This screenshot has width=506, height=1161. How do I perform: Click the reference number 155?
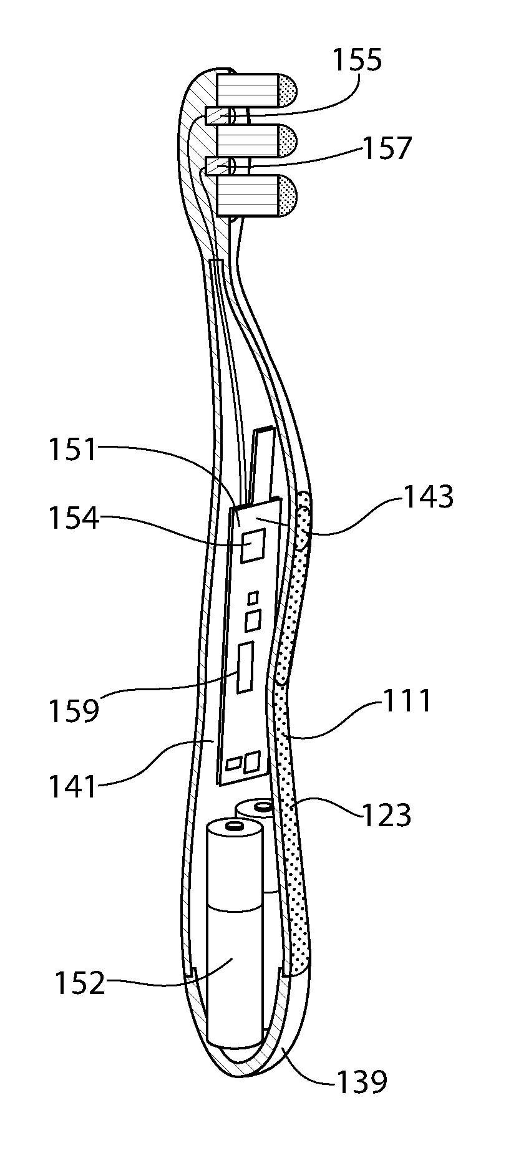coord(358,61)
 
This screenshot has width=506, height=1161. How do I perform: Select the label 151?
coord(74,450)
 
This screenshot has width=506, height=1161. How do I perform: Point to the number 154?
coord(74,518)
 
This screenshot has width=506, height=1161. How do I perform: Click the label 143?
coord(429,497)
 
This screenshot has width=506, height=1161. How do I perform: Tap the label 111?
coord(407,700)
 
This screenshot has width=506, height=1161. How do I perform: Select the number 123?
coord(387,814)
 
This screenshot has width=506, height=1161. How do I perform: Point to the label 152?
coord(79,983)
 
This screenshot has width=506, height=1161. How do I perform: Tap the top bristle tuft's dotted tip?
coord(288,89)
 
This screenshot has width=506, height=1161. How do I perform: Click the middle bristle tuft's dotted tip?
coord(288,140)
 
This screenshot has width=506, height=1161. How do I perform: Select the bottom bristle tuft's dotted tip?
coord(288,196)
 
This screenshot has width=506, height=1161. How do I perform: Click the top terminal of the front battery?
coord(235,826)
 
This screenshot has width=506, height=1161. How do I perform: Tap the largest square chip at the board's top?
coord(253,546)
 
